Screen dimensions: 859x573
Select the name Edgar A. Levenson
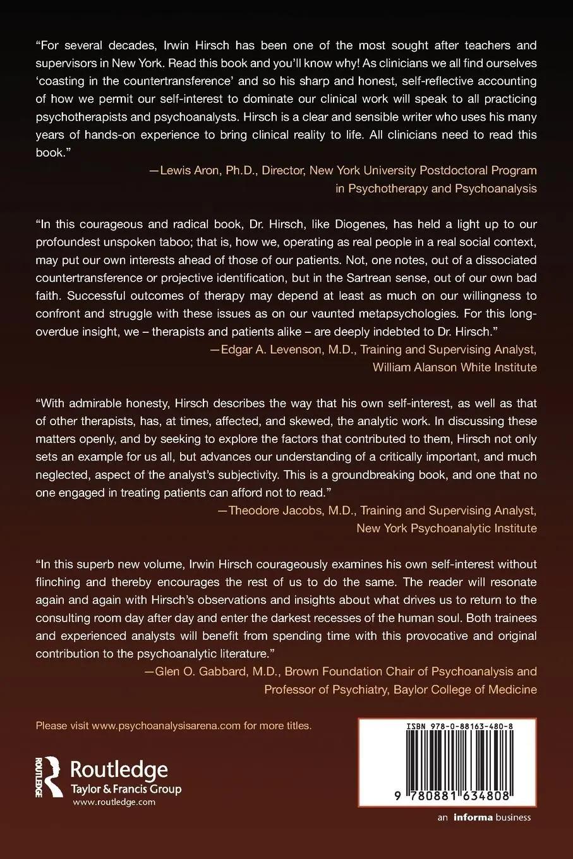coord(267,349)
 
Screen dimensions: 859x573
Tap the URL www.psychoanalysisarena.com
coord(166,726)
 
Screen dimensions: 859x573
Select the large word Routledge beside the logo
coord(119,770)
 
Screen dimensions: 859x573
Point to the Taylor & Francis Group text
coord(126,789)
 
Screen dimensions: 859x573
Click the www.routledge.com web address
coord(114,802)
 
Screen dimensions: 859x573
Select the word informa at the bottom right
coord(472,817)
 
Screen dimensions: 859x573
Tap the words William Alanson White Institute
coord(455,367)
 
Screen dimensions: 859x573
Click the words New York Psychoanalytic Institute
coord(447,528)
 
